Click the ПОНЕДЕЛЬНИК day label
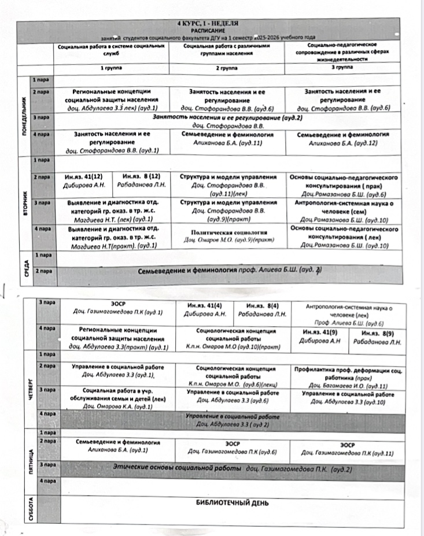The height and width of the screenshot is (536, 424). (25, 115)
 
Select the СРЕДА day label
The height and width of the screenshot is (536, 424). (25, 264)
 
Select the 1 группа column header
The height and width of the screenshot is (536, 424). (111, 68)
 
